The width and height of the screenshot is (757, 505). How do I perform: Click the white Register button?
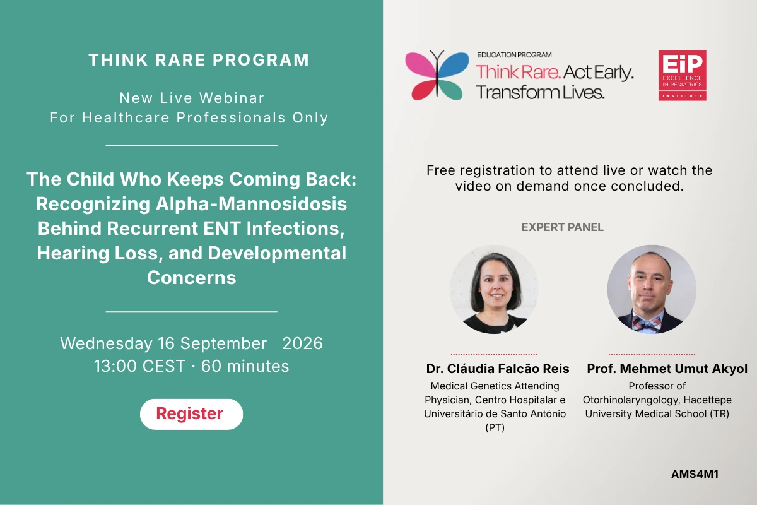click(x=191, y=414)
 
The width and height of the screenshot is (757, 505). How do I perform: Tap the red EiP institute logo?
click(x=682, y=75)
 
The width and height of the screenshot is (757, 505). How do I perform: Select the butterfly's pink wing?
click(x=421, y=64)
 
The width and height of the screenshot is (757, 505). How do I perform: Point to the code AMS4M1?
click(x=695, y=474)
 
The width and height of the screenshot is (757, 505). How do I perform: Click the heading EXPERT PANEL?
click(x=562, y=227)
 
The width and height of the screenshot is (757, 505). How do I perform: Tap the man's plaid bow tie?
click(x=647, y=324)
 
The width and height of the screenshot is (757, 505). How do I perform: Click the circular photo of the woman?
click(x=494, y=290)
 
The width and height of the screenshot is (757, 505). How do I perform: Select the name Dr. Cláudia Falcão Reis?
click(x=498, y=369)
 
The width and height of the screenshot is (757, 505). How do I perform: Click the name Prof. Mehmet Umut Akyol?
click(x=667, y=369)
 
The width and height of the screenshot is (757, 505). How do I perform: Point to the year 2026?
click(x=302, y=343)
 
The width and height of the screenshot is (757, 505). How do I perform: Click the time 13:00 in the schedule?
click(x=115, y=366)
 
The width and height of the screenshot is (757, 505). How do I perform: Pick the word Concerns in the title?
click(x=191, y=278)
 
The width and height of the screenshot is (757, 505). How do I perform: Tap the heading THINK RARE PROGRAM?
click(x=199, y=60)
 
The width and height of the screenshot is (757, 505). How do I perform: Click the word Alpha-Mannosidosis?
click(x=251, y=204)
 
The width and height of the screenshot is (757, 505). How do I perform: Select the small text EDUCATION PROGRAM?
click(x=514, y=55)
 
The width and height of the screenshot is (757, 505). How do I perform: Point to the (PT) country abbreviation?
click(x=495, y=427)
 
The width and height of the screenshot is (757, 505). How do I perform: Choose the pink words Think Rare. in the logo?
click(x=518, y=73)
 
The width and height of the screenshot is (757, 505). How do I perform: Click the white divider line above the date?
click(x=192, y=312)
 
